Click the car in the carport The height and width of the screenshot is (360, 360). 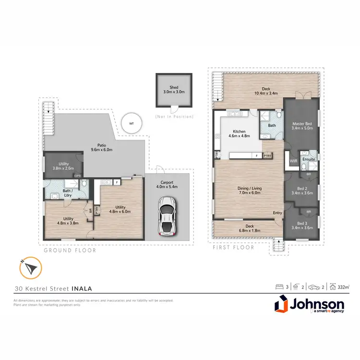166,219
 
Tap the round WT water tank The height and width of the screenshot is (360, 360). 131,123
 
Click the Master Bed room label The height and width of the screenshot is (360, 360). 302,126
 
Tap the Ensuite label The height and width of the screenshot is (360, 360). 309,159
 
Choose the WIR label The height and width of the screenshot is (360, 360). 293,161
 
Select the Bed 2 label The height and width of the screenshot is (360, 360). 302,190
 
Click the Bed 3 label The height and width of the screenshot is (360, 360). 302,225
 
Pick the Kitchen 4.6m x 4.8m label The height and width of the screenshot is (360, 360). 240,134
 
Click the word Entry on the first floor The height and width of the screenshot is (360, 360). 277,213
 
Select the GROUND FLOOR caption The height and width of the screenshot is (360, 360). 70,250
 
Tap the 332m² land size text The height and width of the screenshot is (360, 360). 342,287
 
